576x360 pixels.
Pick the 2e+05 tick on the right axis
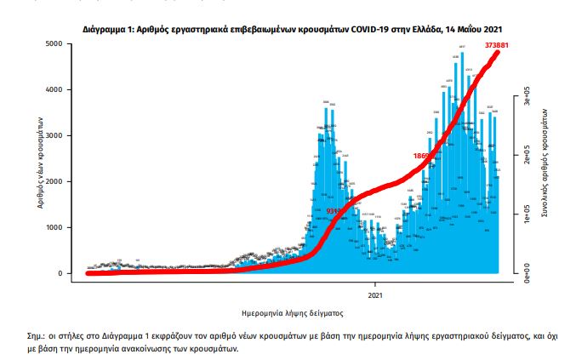(x=526, y=159)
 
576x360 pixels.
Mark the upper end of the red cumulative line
(x=499, y=52)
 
